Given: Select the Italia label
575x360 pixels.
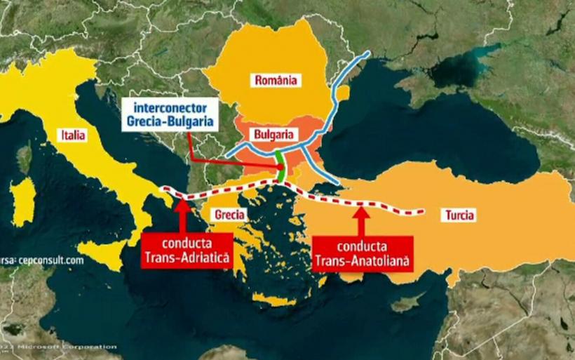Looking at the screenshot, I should point(74,135).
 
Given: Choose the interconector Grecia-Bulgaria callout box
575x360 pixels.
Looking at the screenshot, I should point(168,115).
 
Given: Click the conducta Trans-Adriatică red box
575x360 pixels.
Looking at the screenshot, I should point(187,252).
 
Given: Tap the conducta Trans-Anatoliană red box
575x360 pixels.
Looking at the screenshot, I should point(362,255).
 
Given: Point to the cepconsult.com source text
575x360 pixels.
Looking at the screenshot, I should point(42,260).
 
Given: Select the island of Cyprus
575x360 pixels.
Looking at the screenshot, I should point(407,303).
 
